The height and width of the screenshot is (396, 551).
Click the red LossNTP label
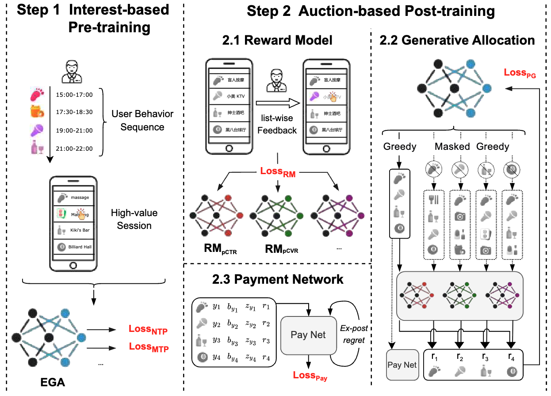(148, 330)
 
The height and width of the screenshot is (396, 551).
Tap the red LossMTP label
(149, 347)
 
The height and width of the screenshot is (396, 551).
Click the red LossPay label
(310, 376)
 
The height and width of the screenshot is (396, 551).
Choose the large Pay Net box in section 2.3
(308, 335)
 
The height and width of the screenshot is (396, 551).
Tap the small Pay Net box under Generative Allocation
(402, 365)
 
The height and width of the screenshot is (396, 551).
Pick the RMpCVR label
(282, 249)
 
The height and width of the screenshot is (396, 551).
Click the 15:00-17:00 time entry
(74, 95)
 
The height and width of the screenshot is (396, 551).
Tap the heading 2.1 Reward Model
(277, 41)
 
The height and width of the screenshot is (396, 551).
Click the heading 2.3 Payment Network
(277, 279)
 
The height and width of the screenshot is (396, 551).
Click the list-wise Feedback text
(277, 125)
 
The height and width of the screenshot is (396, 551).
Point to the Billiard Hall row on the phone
(73, 247)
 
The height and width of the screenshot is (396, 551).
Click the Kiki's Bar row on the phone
(73, 230)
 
